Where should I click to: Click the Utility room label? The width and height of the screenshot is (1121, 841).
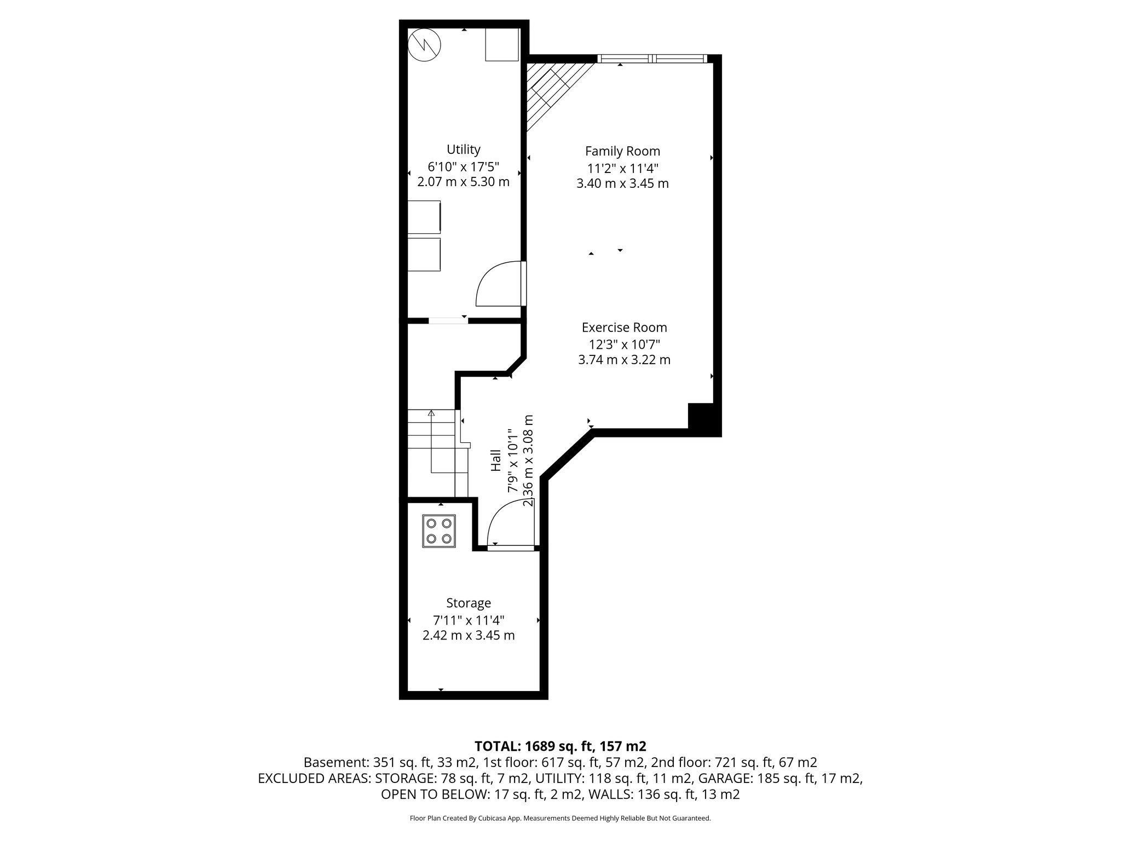tap(463, 149)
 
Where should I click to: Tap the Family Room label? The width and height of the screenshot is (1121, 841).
tap(622, 151)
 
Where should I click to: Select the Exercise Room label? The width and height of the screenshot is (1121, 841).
tap(624, 327)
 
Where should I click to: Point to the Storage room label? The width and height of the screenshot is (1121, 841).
tap(469, 603)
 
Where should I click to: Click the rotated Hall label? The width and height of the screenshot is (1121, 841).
tap(496, 460)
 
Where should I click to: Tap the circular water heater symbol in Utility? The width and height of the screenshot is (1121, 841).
tap(425, 44)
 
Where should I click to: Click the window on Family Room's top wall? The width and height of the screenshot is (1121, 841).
tap(652, 59)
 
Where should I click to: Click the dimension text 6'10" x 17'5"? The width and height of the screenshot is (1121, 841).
tap(463, 166)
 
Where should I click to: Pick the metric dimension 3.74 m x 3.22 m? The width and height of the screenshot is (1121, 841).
tap(624, 360)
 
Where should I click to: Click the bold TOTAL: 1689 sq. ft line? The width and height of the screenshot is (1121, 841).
tap(560, 746)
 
